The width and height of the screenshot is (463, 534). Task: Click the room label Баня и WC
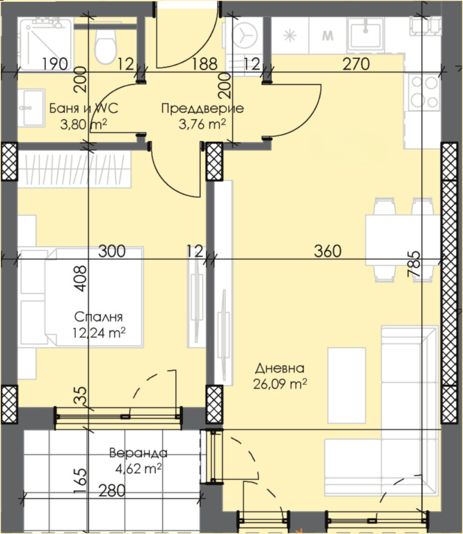coord(84,108)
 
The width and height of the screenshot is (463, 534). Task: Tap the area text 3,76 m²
coord(202,124)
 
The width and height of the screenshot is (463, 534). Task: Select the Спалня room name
coord(98,316)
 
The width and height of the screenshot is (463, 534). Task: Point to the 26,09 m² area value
coord(280,384)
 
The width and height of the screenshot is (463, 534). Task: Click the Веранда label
coord(138,452)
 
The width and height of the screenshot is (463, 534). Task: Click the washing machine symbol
coord(244,35)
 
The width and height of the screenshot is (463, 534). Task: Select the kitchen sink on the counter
coord(366,34)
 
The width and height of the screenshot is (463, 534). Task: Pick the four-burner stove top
coord(424,92)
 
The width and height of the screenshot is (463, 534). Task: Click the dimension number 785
coord(414,264)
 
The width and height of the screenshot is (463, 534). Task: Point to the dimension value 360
coord(328,251)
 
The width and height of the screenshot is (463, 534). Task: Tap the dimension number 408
coord(80,279)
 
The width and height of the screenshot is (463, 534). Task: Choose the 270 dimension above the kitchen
coord(356,64)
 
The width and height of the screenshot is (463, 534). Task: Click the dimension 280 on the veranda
coord(112,491)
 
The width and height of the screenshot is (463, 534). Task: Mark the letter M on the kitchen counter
coord(328,35)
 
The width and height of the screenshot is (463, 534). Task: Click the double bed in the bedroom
coord(82,297)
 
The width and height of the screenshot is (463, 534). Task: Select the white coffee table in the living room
coord(347,385)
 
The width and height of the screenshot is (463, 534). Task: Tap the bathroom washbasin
coord(31,108)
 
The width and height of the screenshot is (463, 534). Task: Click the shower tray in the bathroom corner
coord(45,45)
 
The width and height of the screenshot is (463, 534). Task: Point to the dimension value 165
coord(80,481)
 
